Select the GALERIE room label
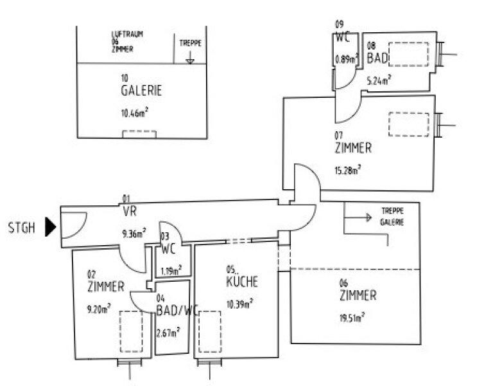coord(141,91)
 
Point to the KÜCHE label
coord(242,281)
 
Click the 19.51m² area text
coord(352,317)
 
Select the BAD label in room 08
coord(377,59)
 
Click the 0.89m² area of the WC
coord(344,60)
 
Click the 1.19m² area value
coord(170,270)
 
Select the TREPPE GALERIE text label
coord(392,216)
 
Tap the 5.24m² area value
coord(379,81)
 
